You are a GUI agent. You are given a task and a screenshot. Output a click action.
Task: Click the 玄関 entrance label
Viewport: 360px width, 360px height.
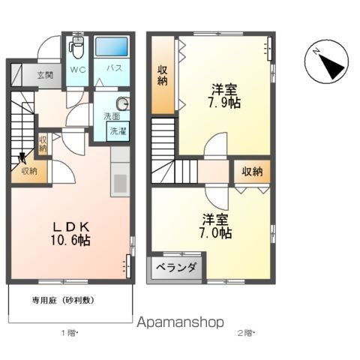[x=44, y=75]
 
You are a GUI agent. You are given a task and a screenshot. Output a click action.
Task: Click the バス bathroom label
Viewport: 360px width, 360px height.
[x=114, y=68]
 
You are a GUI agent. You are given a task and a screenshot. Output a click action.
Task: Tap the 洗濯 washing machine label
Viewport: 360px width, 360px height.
[x=118, y=131]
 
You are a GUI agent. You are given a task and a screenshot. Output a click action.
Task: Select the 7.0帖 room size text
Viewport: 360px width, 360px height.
[x=215, y=233]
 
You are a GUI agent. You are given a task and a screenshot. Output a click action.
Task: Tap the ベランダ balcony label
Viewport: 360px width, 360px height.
[x=177, y=268]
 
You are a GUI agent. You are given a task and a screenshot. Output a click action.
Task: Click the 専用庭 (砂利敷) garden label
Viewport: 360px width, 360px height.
[x=62, y=299]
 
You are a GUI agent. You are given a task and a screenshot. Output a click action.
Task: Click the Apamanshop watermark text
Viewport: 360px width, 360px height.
[x=181, y=322]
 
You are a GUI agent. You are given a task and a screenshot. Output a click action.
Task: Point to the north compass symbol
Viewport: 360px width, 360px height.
[x=326, y=63]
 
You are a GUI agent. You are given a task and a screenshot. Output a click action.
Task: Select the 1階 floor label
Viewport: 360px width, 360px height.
[x=68, y=332]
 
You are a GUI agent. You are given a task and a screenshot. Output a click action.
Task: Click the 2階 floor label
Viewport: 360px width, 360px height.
[x=245, y=332]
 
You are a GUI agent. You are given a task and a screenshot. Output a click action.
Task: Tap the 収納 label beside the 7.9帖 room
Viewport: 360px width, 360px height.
[x=162, y=76]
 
